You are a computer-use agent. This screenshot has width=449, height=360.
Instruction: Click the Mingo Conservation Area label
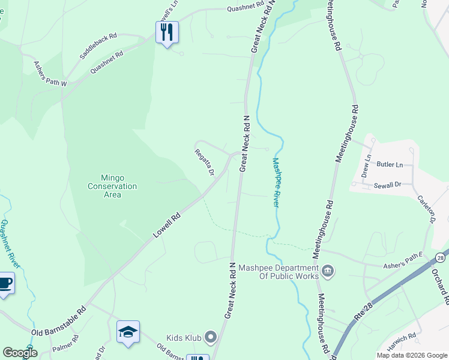tap(112, 186)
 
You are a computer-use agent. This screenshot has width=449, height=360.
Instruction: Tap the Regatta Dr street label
tap(205, 162)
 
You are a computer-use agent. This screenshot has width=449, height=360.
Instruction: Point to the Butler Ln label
tap(389, 164)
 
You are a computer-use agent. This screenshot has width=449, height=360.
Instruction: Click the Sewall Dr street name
tap(387, 186)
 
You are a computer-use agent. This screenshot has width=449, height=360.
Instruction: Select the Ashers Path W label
tap(50, 74)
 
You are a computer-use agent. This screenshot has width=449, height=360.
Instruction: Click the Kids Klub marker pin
tap(211, 337)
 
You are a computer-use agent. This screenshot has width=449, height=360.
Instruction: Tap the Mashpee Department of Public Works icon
tap(328, 271)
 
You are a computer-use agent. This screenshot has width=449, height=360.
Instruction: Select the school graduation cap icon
tap(128, 332)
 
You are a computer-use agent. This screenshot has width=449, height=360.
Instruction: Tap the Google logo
tap(20, 353)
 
